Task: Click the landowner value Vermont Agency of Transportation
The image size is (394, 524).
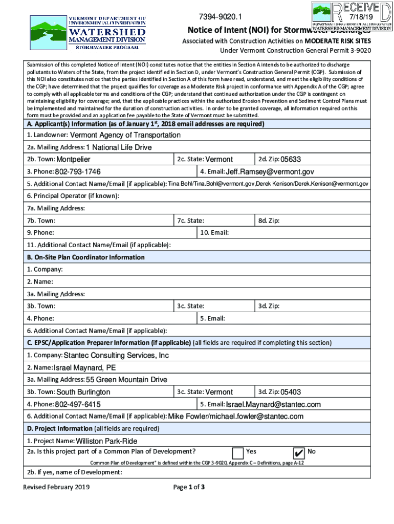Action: pos(125,135)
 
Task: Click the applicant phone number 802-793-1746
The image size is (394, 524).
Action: pos(78,171)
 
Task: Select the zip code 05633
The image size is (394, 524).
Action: pos(291,159)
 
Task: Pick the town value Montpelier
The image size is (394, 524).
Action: pos(73,159)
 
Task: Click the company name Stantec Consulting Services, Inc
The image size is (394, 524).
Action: pos(116,356)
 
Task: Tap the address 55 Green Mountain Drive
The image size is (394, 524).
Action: pos(126,380)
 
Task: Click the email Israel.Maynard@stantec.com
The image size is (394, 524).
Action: pos(273,404)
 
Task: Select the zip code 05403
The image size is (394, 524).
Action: pos(291,392)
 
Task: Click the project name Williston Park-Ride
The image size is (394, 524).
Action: pos(106,441)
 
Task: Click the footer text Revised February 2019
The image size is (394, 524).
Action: pos(56,487)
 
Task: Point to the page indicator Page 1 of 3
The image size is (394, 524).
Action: pos(189,487)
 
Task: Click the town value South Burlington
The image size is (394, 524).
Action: pos(83,392)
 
